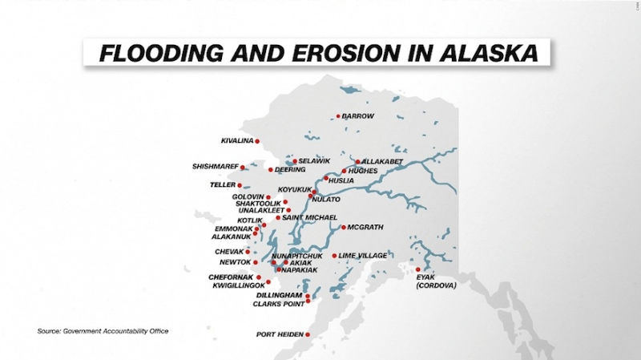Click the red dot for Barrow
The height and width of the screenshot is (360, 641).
(338, 116)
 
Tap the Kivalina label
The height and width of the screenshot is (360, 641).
(237, 141)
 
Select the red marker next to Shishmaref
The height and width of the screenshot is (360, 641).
(243, 168)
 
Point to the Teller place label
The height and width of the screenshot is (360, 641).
(223, 185)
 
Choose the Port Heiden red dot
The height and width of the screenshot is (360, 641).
(308, 334)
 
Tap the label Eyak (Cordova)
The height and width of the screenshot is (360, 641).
(436, 281)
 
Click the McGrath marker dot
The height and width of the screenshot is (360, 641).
(344, 228)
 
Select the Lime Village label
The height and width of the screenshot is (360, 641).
(363, 256)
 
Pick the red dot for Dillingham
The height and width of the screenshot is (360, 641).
(308, 296)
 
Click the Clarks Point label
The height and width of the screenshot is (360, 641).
(279, 304)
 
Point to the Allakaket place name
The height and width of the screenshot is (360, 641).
(382, 162)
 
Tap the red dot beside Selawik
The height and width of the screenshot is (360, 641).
(295, 161)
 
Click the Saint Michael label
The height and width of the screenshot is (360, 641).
(309, 217)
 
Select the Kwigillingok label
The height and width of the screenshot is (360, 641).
(239, 285)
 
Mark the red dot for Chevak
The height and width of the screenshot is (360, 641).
(248, 252)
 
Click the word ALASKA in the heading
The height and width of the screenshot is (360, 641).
(489, 53)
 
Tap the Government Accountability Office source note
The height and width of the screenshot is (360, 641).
(103, 331)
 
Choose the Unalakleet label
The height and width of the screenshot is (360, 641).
(262, 210)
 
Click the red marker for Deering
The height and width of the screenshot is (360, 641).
(271, 170)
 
